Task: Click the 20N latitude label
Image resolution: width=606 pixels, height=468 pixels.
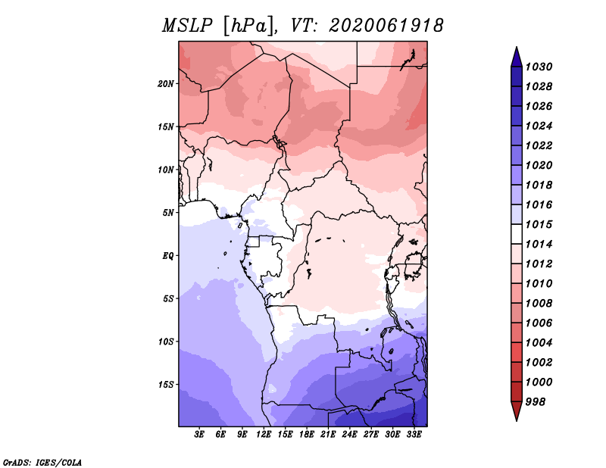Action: pyautogui.click(x=165, y=84)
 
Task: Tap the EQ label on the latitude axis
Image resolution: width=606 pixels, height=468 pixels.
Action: pyautogui.click(x=167, y=256)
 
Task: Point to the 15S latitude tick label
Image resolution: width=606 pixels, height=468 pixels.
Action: pyautogui.click(x=165, y=385)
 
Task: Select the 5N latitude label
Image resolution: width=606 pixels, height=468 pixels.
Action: pyautogui.click(x=167, y=213)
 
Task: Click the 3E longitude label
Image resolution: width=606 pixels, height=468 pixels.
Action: pyautogui.click(x=199, y=435)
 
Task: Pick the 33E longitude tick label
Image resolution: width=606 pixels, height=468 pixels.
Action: pyautogui.click(x=414, y=435)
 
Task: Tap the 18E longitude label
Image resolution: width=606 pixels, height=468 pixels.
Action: pyautogui.click(x=307, y=435)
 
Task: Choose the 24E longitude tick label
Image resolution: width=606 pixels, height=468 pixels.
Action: pyautogui.click(x=349, y=435)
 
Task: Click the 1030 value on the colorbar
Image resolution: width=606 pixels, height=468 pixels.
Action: pyautogui.click(x=539, y=67)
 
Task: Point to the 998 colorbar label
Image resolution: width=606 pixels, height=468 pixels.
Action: pyautogui.click(x=536, y=402)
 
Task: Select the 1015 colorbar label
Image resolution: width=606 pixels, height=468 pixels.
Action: pyautogui.click(x=539, y=224)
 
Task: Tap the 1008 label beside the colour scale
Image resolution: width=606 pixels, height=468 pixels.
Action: pyautogui.click(x=539, y=304)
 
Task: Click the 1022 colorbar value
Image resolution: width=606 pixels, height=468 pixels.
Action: pyautogui.click(x=539, y=145)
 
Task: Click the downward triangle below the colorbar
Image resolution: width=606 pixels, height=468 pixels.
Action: pyautogui.click(x=517, y=410)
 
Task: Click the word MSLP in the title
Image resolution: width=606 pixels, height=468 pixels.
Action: pyautogui.click(x=187, y=26)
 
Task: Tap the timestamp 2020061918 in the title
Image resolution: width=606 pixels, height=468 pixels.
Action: pyautogui.click(x=386, y=26)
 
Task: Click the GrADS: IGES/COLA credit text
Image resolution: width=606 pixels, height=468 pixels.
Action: pyautogui.click(x=42, y=463)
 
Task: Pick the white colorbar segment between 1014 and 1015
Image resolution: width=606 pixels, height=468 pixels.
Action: pyautogui.click(x=517, y=234)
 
